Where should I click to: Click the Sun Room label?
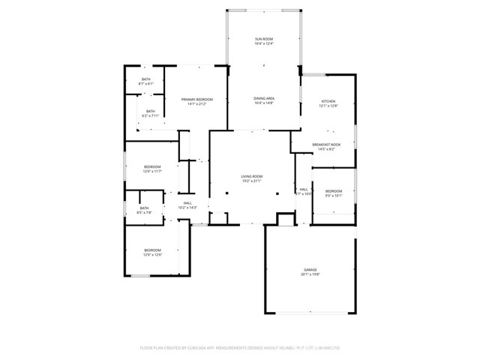click(x=264, y=38)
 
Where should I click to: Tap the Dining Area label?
click(x=264, y=98)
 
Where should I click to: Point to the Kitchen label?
click(x=328, y=101)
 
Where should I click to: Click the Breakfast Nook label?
click(x=327, y=144)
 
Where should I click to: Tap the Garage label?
click(x=310, y=269)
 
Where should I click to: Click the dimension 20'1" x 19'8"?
click(x=310, y=274)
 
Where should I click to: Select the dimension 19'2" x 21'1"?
click(x=251, y=181)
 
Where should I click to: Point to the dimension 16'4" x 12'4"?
click(x=264, y=43)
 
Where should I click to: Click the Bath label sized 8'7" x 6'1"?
click(x=146, y=79)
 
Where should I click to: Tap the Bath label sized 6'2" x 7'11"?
click(x=151, y=111)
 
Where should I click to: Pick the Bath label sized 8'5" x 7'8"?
click(x=144, y=208)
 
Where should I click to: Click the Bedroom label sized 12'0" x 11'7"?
click(x=152, y=166)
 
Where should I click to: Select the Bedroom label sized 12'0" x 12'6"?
click(x=152, y=250)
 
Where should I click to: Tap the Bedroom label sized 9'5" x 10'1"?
click(x=334, y=191)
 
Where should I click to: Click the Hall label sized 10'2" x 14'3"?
click(x=187, y=202)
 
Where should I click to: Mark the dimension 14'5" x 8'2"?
click(x=327, y=149)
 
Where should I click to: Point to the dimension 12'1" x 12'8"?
click(x=328, y=106)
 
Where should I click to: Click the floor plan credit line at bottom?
click(x=240, y=348)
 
